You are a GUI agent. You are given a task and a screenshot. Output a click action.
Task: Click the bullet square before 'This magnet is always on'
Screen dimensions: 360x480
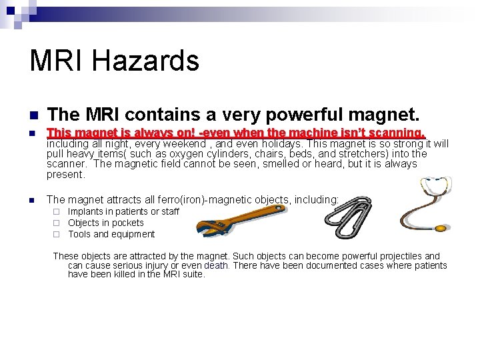point(32,134)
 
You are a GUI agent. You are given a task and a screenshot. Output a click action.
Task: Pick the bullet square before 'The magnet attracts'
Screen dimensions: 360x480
point(32,199)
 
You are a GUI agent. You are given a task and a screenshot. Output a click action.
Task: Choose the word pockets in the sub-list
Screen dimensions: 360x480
point(129,223)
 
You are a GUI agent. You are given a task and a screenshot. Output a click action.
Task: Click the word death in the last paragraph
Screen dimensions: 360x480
point(215,265)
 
